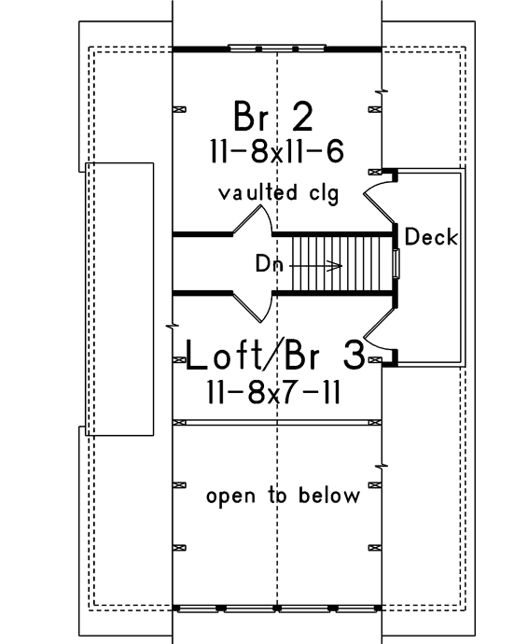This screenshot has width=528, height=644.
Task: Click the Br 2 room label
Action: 273,117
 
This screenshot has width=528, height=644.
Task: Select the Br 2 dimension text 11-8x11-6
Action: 277,151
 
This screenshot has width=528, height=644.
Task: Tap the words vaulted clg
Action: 279,193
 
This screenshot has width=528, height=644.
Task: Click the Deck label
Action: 431,237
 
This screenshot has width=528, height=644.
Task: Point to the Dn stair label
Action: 270,263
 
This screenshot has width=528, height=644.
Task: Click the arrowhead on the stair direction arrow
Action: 337,266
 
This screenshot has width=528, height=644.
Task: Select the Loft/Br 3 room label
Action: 275,356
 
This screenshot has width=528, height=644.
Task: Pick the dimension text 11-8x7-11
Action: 274,392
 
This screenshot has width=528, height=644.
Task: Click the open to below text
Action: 284,497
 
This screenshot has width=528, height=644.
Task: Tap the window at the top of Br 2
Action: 277,49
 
